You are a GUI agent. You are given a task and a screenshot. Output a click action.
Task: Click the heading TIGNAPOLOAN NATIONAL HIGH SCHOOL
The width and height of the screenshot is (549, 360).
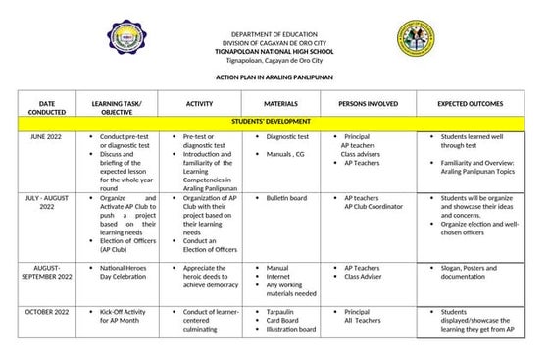275,50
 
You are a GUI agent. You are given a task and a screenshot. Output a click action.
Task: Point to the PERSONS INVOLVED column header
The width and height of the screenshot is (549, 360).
368,102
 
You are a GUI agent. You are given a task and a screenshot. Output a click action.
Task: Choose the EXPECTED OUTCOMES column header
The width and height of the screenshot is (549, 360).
471,102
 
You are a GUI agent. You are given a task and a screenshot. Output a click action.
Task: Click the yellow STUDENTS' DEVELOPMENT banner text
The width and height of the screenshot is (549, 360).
274,124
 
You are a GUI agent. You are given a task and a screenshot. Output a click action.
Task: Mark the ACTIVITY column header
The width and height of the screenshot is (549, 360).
199,102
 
